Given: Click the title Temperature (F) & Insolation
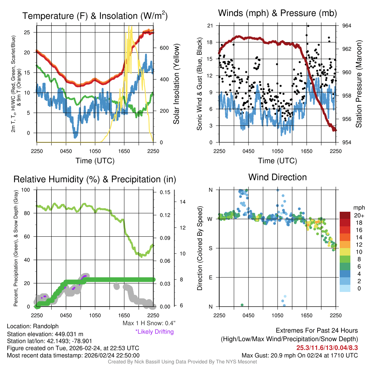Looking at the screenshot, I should (95, 16).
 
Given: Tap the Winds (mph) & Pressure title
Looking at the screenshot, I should (277, 14).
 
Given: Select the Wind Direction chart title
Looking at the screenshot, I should (277, 177).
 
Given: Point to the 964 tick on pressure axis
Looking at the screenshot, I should (347, 26).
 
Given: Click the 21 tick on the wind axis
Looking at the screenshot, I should (210, 26).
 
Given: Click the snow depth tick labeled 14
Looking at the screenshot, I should (183, 202).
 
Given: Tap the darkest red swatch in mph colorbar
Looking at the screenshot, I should (345, 216).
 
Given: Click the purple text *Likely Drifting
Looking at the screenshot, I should (154, 331).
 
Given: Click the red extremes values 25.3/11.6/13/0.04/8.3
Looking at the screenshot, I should (327, 347).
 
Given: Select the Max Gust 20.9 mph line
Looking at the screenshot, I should (299, 355).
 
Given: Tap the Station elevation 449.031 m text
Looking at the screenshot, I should (45, 334).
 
